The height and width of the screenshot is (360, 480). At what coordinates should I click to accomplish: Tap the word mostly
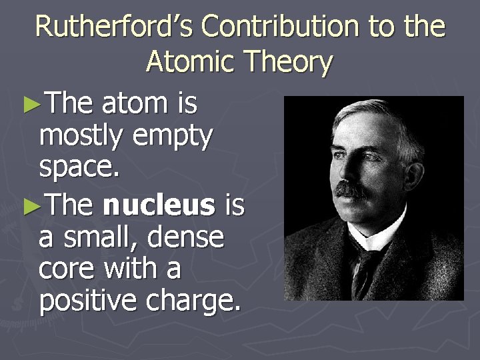(80, 138)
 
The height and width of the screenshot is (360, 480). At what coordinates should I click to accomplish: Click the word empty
(173, 138)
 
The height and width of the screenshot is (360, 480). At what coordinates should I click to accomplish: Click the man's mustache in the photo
(351, 189)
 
